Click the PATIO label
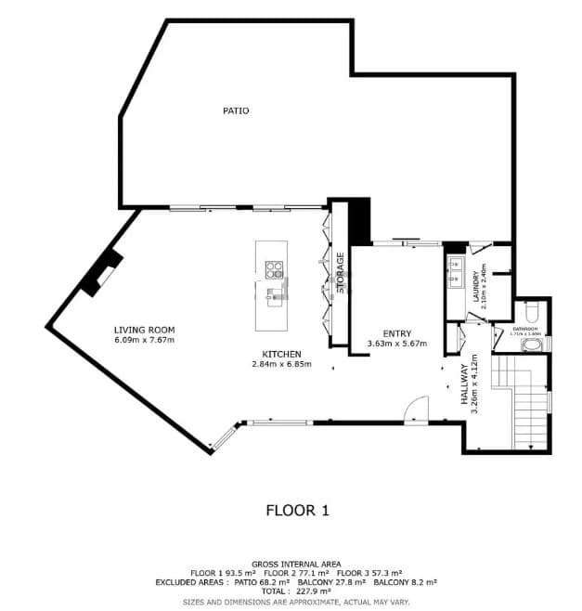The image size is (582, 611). click(236, 110)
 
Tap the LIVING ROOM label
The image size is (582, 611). click(144, 330)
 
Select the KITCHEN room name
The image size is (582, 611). click(280, 354)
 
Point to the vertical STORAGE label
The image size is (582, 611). click(341, 272)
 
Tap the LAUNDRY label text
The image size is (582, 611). click(474, 283)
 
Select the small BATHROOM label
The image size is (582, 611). click(529, 329)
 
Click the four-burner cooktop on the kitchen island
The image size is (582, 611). click(274, 270)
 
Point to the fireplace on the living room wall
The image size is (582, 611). click(102, 272)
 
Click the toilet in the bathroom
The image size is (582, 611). click(532, 310)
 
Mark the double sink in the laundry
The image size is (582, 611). click(456, 270)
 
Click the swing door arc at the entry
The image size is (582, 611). click(419, 409)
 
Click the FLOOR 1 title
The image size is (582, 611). click(297, 510)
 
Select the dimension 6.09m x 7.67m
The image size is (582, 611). click(144, 340)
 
